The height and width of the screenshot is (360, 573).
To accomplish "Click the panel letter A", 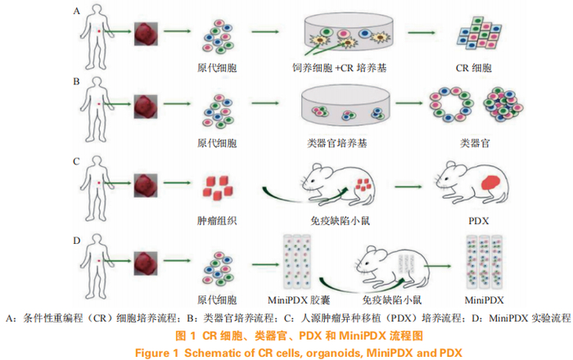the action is coord(76,11).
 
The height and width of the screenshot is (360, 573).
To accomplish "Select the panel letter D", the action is coord(76,241).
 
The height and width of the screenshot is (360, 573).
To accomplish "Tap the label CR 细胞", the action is coord(474,68).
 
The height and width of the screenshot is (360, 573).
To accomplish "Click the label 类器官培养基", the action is coord(337,142).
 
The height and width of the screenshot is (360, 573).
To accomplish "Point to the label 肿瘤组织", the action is coord(217,221).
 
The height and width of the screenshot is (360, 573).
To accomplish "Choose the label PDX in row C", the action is coord(478,221).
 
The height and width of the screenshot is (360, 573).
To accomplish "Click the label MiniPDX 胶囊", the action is coord(299,300).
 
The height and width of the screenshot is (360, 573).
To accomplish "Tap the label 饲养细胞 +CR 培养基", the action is coord(339,68).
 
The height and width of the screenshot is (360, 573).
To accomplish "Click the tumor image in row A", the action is coord(146,34).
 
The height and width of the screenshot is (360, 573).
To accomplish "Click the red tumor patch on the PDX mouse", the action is coord(490,182).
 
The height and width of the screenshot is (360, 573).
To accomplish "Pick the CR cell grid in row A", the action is coord(479,33).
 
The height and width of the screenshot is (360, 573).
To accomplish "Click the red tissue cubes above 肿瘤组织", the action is coord(218,188).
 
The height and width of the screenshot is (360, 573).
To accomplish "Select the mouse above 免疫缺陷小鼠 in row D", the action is coord(392,265).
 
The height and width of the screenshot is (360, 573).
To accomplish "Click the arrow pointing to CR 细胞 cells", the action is coord(422,33).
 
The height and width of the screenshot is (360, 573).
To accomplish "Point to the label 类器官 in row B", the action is coord(475,142).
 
